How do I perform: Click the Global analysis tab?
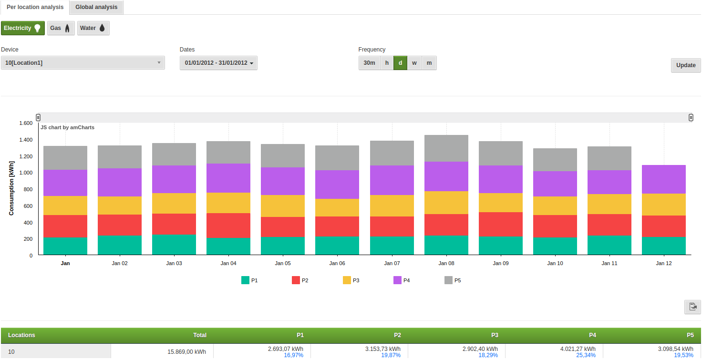coord(96,7)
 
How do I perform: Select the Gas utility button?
coord(61,28)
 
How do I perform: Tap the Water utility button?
coord(93,28)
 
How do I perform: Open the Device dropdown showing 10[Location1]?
coord(83,63)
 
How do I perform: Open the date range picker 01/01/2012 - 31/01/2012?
coord(218,63)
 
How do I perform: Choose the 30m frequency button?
coord(369,63)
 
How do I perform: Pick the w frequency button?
coord(414,63)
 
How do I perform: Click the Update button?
coord(685,65)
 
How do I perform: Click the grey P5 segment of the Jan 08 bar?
coord(446,148)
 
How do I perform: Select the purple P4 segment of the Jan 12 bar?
coord(664,179)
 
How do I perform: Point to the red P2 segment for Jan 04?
coord(228,226)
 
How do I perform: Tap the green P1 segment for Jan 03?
coord(174,244)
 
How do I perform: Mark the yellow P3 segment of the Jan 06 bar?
coord(337,207)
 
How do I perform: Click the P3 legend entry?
coord(351,280)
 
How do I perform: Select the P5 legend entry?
coord(453,280)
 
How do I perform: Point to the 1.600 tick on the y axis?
coord(26,123)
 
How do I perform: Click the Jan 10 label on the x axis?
coord(555,263)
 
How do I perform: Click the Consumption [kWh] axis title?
coord(11,188)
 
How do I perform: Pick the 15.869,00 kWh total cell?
coord(186,352)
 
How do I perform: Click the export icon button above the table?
coord(692,307)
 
